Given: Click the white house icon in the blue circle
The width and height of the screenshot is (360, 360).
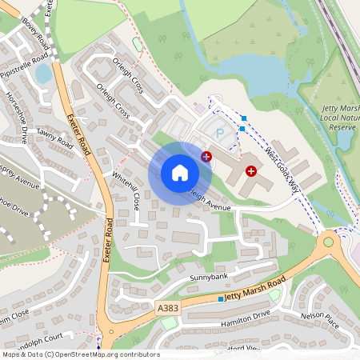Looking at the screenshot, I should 179,172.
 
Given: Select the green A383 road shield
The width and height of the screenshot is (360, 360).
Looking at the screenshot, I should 168,307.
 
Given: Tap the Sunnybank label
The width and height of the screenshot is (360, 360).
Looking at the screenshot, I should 209,277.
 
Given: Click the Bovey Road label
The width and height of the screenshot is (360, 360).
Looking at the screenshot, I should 36,34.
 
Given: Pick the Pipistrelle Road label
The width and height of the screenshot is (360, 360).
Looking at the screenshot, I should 36,62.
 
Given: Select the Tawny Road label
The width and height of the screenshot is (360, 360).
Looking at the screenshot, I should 54,142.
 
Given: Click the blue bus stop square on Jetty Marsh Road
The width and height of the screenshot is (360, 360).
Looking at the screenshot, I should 221,298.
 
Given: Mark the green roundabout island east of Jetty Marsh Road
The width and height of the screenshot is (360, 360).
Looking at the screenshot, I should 328,242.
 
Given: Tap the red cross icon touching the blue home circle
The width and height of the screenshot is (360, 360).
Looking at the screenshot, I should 207,157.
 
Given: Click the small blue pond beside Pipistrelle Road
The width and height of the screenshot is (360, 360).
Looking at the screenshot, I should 42,74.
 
